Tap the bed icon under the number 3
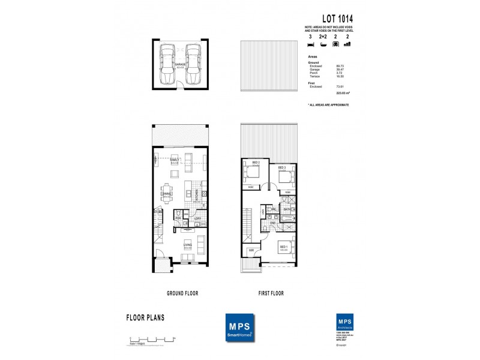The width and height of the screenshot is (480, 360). pyautogui.click(x=310, y=44)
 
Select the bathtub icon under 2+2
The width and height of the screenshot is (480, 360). pyautogui.click(x=323, y=44)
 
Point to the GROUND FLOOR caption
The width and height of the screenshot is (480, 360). pyautogui.click(x=182, y=293)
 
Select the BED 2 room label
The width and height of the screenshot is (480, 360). pyautogui.click(x=256, y=163)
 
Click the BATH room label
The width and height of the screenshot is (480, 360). pyautogui.click(x=287, y=209)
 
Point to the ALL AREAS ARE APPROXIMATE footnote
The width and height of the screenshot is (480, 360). pyautogui.click(x=328, y=104)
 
